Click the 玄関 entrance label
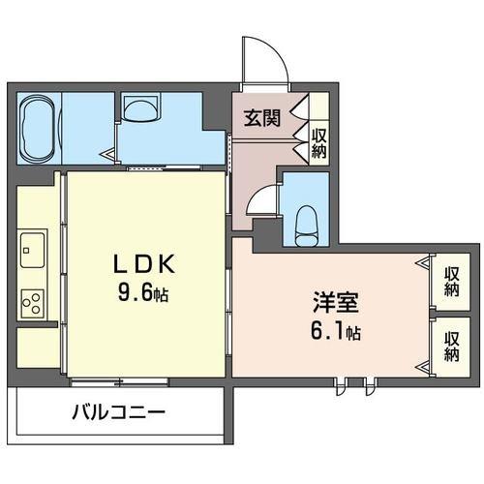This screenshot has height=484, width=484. (x=261, y=118)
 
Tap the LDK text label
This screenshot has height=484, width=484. (x=144, y=264)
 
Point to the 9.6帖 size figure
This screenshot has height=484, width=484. (x=143, y=293)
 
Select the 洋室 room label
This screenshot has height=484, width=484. (x=336, y=302)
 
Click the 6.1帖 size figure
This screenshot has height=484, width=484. (x=336, y=331)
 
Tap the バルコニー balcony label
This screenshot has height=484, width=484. (x=118, y=412)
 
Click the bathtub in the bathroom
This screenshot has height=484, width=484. (x=39, y=129)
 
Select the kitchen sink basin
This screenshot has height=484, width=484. (x=32, y=250)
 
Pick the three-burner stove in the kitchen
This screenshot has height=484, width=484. (x=32, y=303)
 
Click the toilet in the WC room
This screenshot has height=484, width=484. (x=307, y=226)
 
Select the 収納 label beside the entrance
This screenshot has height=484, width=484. (x=318, y=143)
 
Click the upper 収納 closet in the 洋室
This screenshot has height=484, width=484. (x=451, y=282)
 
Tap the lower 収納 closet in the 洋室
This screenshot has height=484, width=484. (x=451, y=348)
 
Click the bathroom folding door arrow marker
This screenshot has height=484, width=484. (x=108, y=155)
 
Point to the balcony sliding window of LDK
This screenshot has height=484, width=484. (x=119, y=382)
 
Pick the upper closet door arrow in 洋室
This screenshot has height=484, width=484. (x=423, y=263)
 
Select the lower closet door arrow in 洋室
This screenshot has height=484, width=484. (x=423, y=367)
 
